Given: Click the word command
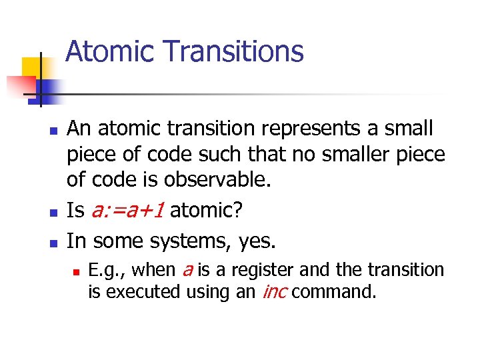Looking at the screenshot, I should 333,292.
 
